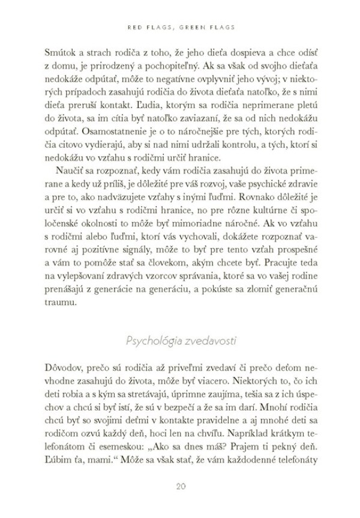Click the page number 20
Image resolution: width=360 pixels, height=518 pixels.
click(179, 486)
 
